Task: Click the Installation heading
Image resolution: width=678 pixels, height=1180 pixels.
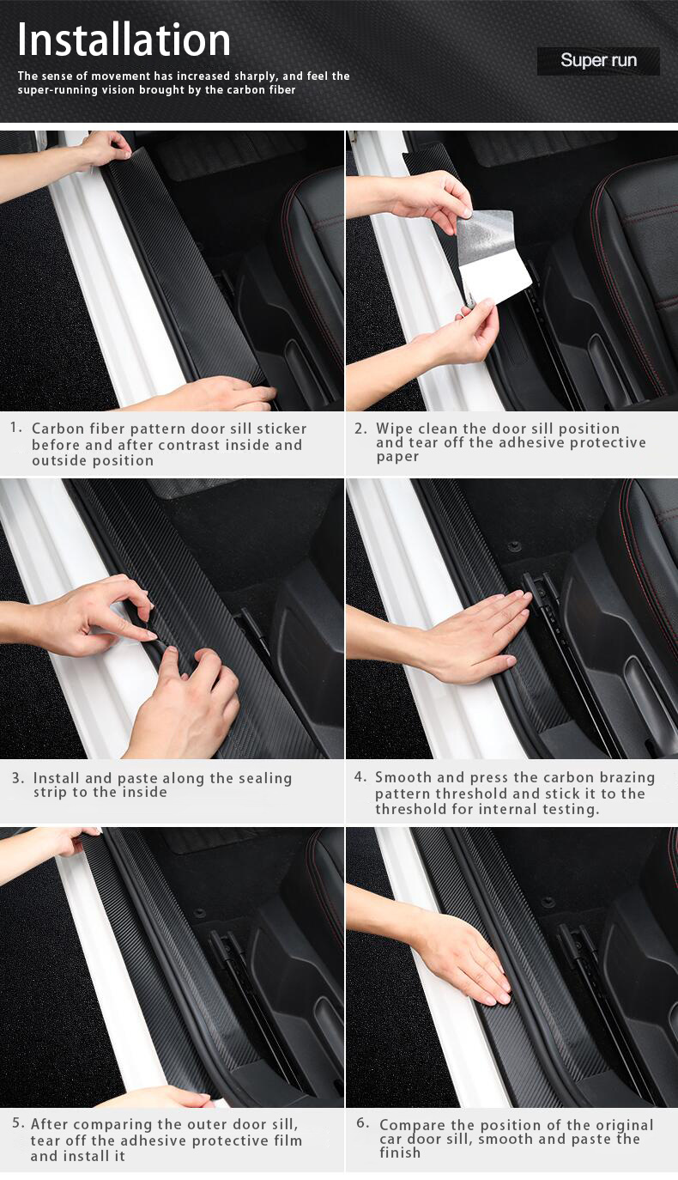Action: click(x=124, y=40)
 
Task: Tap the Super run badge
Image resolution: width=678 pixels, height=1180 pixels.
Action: click(x=598, y=61)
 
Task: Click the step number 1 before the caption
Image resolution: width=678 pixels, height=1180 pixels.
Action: click(x=16, y=427)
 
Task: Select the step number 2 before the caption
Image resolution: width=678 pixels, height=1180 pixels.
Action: click(x=360, y=428)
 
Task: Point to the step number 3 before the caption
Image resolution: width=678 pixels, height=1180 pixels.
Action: click(x=18, y=778)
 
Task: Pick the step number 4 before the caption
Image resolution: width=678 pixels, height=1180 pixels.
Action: click(x=360, y=776)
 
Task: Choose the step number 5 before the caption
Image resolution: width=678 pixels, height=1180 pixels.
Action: click(x=17, y=1123)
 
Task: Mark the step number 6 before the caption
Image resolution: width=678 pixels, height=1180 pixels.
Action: click(x=362, y=1123)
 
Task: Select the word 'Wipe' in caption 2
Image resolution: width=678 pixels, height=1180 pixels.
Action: click(x=394, y=428)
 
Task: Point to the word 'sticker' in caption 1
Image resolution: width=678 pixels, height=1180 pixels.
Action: click(x=278, y=428)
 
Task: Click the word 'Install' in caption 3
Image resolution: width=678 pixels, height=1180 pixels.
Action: click(x=58, y=778)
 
